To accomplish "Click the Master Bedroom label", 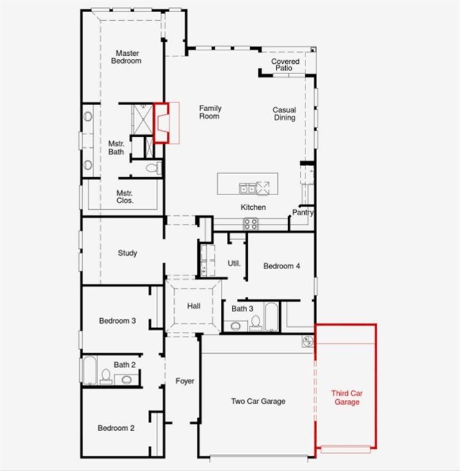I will point(126,57).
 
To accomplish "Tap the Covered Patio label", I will point(285,64).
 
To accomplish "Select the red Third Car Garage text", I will point(345,397).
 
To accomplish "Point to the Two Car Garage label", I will point(258,401).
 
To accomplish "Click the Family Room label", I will point(210,112).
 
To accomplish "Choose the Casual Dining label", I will point(284,114).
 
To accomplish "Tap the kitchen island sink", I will point(247,188).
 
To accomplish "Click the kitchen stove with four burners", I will point(250,224).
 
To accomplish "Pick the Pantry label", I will point(303,213).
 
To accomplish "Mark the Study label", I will point(128,253).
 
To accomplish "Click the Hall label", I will point(194,306).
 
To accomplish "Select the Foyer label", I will point(185,381).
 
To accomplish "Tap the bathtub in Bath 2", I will point(90,370).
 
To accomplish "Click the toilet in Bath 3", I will point(256,323).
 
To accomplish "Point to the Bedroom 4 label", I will point(282,266).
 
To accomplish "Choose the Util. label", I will point(234,263).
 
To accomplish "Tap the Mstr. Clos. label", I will point(125,196).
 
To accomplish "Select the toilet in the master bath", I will point(153,167).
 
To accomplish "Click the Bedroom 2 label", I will point(116,428).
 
